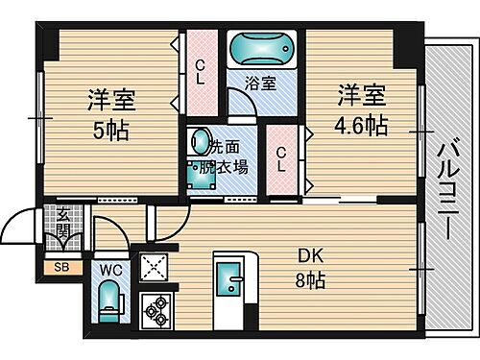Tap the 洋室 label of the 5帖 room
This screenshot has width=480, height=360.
111,99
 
